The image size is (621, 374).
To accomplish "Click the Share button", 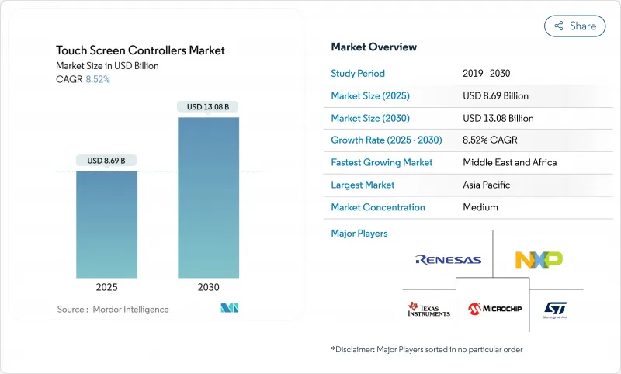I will tap(574, 26).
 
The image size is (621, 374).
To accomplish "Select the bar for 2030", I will tap(208, 197).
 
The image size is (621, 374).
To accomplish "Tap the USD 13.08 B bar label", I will tap(208, 106).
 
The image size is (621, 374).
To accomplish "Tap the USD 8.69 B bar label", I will tap(106, 161).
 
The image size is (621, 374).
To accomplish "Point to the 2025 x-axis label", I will tap(106, 287).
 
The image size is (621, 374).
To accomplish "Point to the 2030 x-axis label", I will tap(208, 287).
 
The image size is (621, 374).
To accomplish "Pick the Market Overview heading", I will tap(373, 47).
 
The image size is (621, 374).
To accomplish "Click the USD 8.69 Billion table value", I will tap(495, 96).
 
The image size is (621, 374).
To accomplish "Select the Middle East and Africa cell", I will tap(510, 163).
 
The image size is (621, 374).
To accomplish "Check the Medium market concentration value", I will tap(480, 207).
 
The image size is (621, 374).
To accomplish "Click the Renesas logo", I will tap(449, 260).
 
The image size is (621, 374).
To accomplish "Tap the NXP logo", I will tap(539, 260).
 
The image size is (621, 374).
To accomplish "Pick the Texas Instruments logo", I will tap(428, 309).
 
